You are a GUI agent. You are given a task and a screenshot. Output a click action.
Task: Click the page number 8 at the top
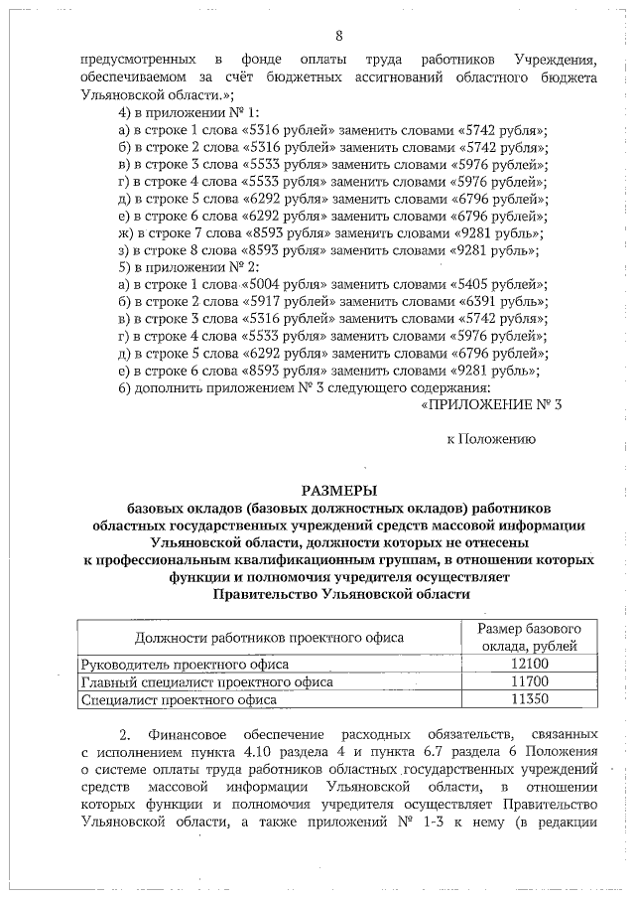click(x=338, y=37)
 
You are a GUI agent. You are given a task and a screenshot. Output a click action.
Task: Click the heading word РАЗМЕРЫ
click(x=339, y=489)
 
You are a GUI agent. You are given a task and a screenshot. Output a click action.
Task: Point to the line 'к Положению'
click(x=490, y=437)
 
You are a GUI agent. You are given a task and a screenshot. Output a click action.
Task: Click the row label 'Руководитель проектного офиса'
click(x=170, y=664)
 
